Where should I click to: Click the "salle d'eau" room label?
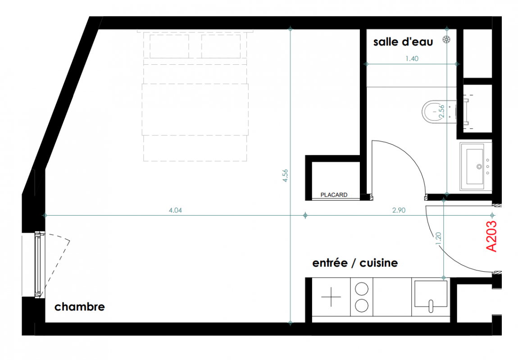pos(403,42)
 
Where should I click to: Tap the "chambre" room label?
pos(80,306)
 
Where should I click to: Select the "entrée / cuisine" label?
pos(355,263)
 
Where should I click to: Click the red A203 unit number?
pos(491,237)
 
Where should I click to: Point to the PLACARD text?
pos(334,195)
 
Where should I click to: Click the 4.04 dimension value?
pos(175,210)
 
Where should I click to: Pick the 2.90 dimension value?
pos(399,210)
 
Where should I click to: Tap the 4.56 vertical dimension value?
pos(286,175)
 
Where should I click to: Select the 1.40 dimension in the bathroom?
pos(412,59)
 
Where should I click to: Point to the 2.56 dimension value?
pos(442,111)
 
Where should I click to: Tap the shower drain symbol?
pos(446,40)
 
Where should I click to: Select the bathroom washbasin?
pos(475,166)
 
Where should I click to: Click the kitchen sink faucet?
pos(431,306)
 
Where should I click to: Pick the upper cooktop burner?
pos(361,289)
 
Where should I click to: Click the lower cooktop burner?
pos(361,306)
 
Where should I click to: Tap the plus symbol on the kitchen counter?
pos(331,297)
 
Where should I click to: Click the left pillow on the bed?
pos(169,46)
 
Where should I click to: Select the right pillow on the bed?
pos(221,46)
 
